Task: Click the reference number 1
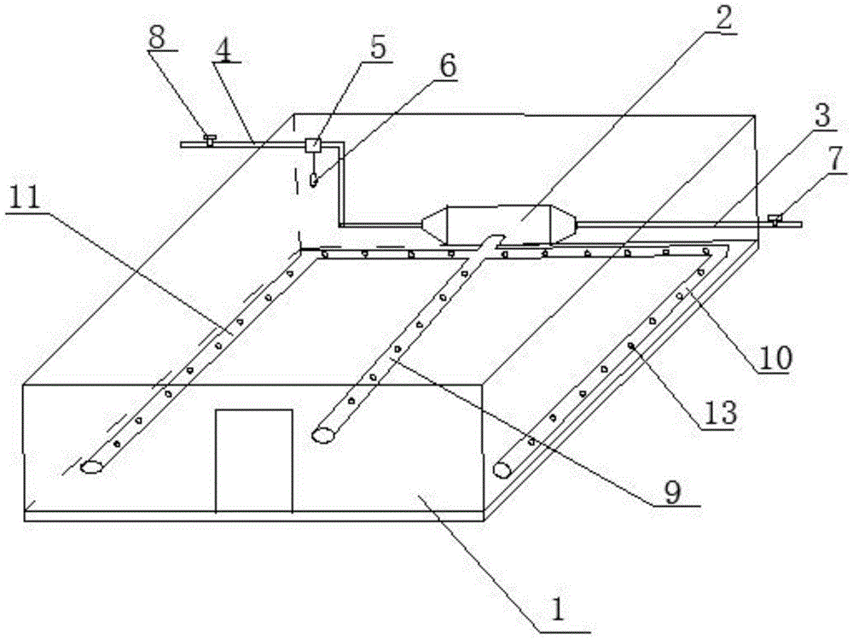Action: pyautogui.click(x=556, y=611)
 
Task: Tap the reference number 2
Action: pyautogui.click(x=723, y=19)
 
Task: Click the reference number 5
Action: pyautogui.click(x=376, y=47)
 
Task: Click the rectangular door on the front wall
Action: pyautogui.click(x=253, y=461)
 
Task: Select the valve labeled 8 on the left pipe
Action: pyautogui.click(x=209, y=139)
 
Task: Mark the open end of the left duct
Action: pyautogui.click(x=91, y=467)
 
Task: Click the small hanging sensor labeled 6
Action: pyautogui.click(x=312, y=180)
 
